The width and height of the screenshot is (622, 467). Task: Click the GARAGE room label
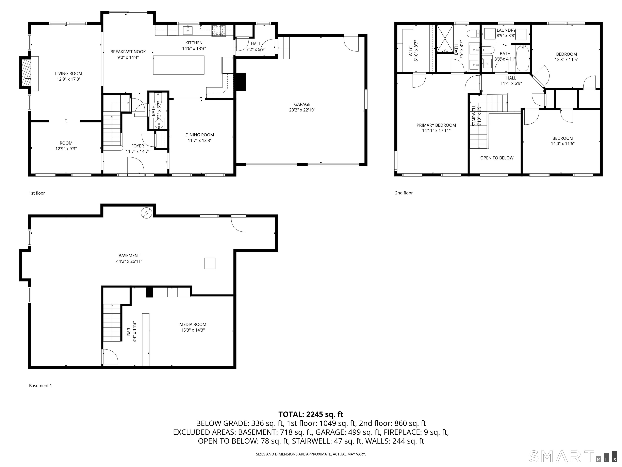pos(302,104)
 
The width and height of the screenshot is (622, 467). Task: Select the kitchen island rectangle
pos(179,65)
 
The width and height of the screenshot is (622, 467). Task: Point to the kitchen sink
pos(187,30)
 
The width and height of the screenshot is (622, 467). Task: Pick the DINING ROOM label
pos(200,135)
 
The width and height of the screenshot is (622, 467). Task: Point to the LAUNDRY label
pos(506,30)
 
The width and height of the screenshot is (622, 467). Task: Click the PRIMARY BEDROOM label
pos(436,125)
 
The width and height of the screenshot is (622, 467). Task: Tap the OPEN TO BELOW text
pos(497,158)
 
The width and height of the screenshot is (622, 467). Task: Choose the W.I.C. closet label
pos(411,51)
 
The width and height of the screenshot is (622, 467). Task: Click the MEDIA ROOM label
pos(193,325)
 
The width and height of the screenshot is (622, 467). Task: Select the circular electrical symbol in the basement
pos(147,213)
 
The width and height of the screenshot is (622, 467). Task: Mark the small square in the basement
pos(210,263)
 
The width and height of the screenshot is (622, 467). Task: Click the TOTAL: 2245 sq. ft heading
pos(311,414)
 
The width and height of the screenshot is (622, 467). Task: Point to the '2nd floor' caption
pos(404,193)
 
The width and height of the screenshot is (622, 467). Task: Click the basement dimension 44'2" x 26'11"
pos(129,261)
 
